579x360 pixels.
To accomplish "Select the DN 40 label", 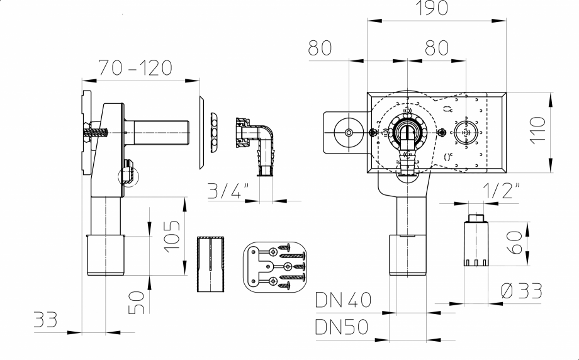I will [x=343, y=301].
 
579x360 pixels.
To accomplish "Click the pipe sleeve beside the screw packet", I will [x=211, y=264].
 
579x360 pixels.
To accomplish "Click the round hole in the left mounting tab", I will [x=349, y=133].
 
